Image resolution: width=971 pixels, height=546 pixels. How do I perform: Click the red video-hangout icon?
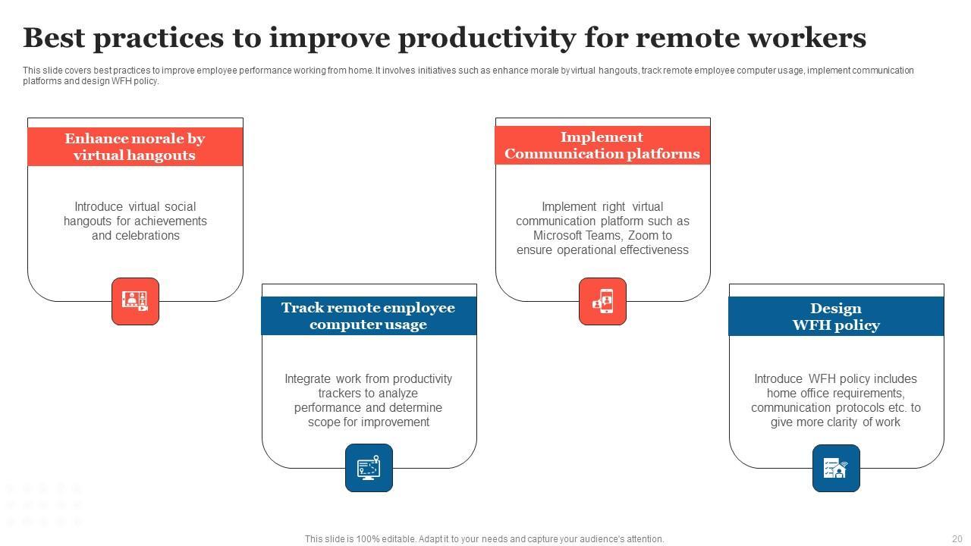pos(135,301)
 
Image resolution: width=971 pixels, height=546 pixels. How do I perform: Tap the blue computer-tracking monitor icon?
pos(369,468)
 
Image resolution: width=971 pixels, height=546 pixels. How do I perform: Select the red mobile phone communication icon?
pos(602,301)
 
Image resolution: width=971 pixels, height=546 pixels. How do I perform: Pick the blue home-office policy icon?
pos(836,469)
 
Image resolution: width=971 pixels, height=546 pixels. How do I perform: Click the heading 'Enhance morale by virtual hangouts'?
pos(135,146)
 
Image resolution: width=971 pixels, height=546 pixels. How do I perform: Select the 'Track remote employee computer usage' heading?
pos(369,316)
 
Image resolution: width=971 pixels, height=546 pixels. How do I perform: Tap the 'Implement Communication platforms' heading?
pos(602,145)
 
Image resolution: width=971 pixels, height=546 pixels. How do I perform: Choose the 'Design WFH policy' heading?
pos(836,316)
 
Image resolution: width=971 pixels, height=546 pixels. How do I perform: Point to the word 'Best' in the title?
pos(54,38)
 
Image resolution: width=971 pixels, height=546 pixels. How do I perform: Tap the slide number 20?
pos(957,539)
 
